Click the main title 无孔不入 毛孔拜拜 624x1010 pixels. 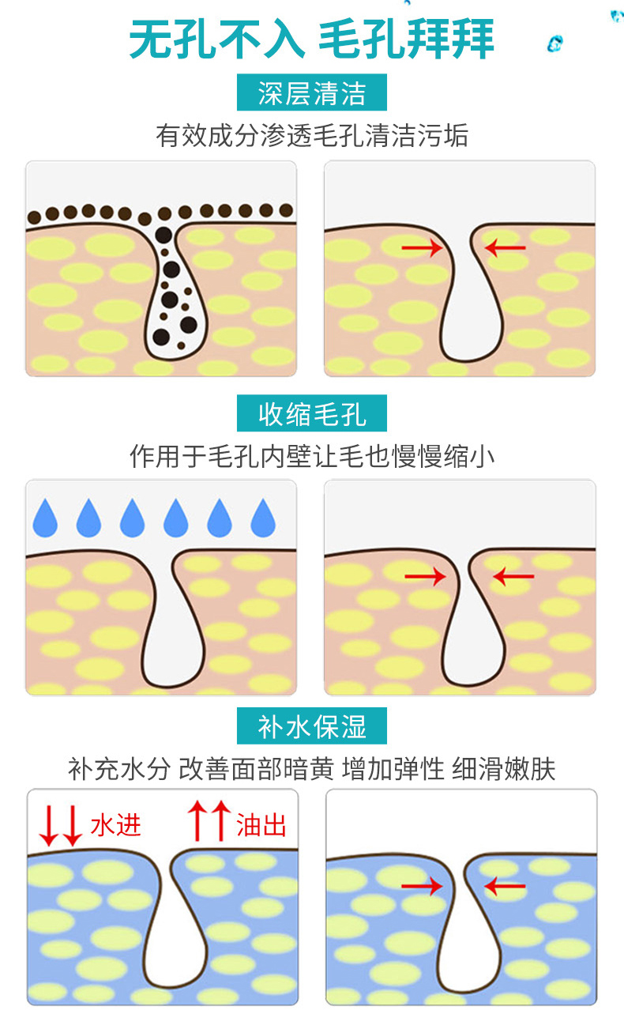pos(312,40)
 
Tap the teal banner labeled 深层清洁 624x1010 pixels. pos(312,92)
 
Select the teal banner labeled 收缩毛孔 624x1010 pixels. pos(312,413)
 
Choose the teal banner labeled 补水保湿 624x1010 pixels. pos(312,726)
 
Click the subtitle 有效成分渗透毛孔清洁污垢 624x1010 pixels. pos(312,135)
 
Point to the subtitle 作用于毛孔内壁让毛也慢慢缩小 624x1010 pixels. pos(312,456)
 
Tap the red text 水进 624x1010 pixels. pos(116,825)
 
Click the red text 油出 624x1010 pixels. pos(261,825)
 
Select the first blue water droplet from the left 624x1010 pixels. pos(46,518)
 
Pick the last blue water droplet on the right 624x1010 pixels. pos(263,518)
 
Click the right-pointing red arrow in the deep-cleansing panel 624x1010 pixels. pos(422,247)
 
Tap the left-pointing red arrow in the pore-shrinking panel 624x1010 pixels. pos(513,576)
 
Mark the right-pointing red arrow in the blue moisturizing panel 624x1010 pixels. pos(422,886)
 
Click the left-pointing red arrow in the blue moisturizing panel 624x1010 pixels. pos(505,886)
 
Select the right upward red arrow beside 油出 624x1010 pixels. pos(221,820)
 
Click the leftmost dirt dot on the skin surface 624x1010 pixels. pos(34,218)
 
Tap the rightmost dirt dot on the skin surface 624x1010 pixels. pos(286,209)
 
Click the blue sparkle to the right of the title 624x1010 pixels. pos(555,43)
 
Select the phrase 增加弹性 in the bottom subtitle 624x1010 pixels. pos(393,769)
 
